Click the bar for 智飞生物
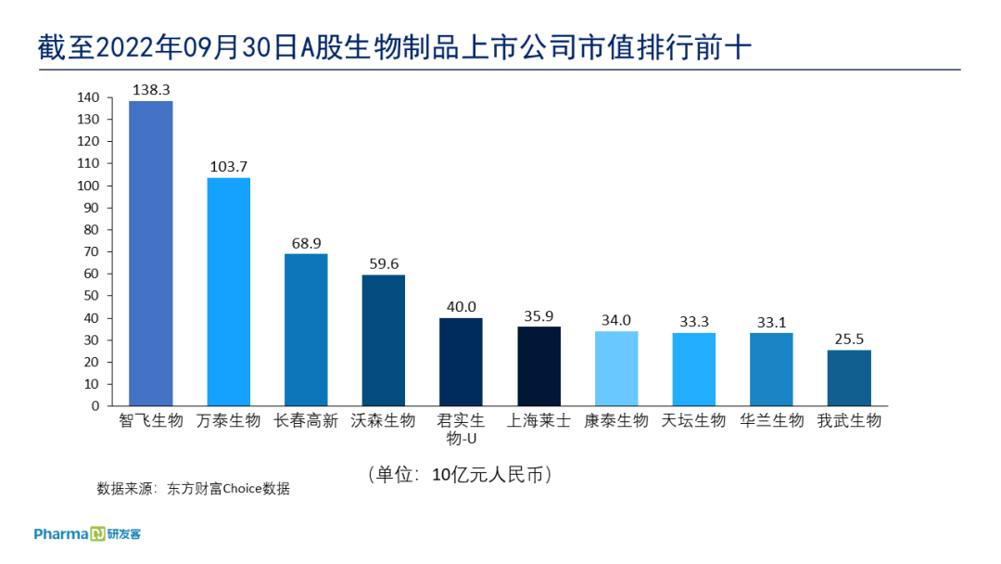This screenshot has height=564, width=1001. (x=150, y=253)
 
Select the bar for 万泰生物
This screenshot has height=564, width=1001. (x=228, y=291)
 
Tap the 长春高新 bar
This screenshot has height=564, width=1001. (x=306, y=329)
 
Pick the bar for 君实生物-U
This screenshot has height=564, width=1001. (x=461, y=362)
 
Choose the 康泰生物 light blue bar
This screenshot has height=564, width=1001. (x=616, y=368)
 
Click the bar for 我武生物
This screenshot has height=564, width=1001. (x=849, y=378)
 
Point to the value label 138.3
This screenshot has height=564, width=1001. (x=151, y=90)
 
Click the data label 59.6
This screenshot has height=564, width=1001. (x=384, y=263)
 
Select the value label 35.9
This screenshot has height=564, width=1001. (x=539, y=315)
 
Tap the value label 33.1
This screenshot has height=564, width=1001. (x=771, y=322)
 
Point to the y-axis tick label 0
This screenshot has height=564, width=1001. (x=95, y=405)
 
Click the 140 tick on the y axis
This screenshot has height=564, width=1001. (x=88, y=97)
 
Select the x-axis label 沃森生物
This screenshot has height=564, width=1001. (x=384, y=421)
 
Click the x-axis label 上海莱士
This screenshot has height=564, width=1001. (x=539, y=421)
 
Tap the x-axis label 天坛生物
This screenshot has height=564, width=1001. (x=693, y=421)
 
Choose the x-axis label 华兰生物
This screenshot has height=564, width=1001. (x=771, y=421)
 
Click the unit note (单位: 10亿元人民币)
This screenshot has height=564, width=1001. (x=461, y=474)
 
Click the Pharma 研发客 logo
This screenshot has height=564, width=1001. (x=87, y=534)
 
